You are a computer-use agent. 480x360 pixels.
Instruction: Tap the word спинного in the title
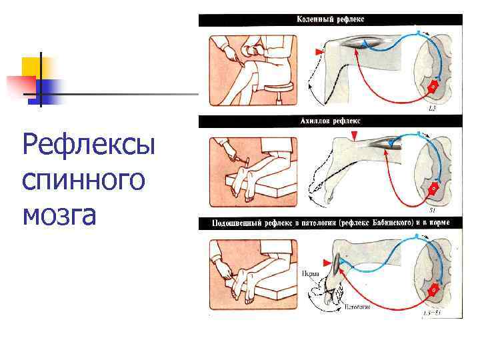point(83,179)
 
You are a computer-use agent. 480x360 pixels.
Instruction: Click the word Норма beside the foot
point(309,273)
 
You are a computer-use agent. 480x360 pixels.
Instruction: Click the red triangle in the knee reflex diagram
point(319,51)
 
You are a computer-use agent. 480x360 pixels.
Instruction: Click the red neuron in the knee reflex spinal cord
point(433,86)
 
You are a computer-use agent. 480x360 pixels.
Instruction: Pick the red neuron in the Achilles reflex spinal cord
point(433,188)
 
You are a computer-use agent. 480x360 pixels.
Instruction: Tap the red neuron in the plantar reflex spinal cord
point(433,290)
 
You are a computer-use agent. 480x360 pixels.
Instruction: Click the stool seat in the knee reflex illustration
point(278,86)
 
